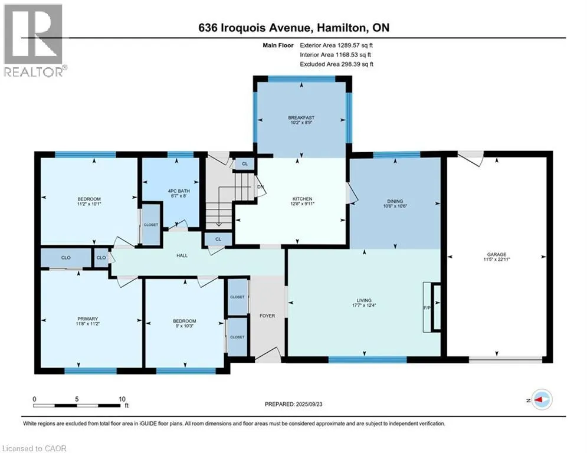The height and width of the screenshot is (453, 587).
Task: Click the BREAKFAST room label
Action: tap(301, 117)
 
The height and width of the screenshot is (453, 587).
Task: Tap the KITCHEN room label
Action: tap(302, 199)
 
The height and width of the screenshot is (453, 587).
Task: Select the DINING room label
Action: tap(395, 201)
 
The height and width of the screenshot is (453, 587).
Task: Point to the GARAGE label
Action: tap(496, 254)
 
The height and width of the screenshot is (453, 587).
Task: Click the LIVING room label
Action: tap(364, 300)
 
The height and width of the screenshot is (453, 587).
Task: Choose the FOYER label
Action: tap(267, 316)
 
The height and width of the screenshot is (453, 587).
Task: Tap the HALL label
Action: tap(182, 255)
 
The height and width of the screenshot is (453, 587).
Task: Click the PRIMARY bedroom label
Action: tap(87, 319)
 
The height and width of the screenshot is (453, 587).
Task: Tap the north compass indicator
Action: tap(542, 400)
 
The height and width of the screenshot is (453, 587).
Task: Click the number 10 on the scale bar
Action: tap(122, 399)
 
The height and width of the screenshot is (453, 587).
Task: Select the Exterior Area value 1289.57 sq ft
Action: tap(355, 45)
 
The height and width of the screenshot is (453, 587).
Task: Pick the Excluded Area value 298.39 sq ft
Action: tap(355, 64)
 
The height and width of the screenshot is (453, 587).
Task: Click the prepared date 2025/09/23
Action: tap(309, 404)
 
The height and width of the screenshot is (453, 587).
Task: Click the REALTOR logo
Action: tap(34, 40)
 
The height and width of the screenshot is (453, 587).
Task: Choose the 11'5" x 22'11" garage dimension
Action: tap(497, 259)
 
